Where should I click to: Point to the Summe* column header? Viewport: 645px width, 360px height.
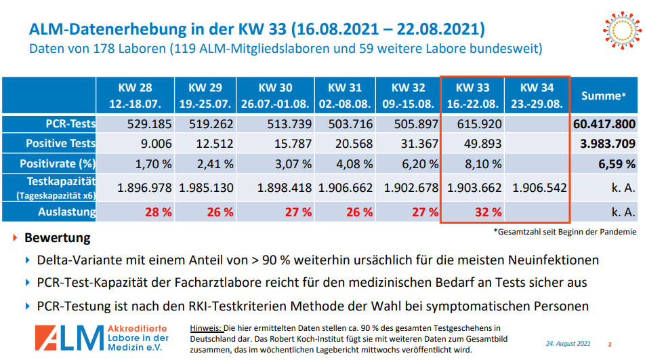[604, 96]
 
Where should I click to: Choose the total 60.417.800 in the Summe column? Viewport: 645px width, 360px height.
[604, 124]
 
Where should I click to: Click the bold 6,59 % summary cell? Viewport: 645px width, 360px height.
[616, 163]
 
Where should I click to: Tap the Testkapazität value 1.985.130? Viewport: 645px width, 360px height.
[206, 188]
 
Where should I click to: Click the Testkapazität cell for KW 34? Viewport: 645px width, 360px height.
[539, 188]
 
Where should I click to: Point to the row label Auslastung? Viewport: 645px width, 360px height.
[66, 212]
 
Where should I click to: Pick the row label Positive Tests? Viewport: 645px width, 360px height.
[61, 144]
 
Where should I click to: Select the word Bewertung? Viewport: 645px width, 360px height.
[58, 238]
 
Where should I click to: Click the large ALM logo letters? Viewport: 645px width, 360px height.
[68, 338]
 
